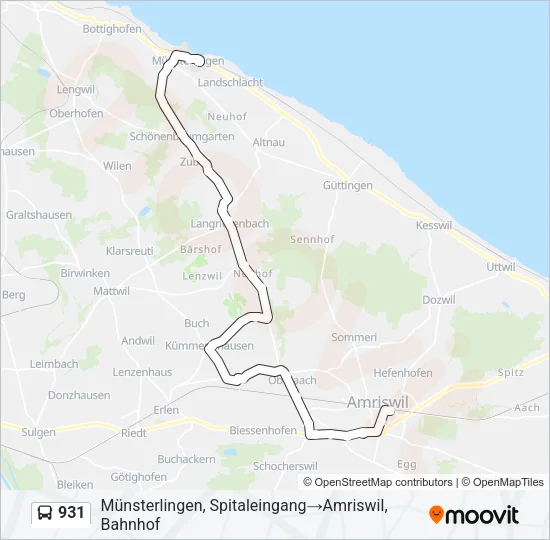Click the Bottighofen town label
click(x=112, y=29)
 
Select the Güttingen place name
click(x=348, y=186)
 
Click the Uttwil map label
click(x=500, y=267)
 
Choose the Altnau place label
click(x=269, y=143)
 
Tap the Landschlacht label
click(x=231, y=82)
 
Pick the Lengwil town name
click(x=75, y=89)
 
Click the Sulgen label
click(x=39, y=432)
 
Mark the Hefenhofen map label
click(x=403, y=373)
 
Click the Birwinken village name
click(x=85, y=272)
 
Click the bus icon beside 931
click(x=45, y=514)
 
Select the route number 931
click(x=71, y=513)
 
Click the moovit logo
click(x=474, y=514)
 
